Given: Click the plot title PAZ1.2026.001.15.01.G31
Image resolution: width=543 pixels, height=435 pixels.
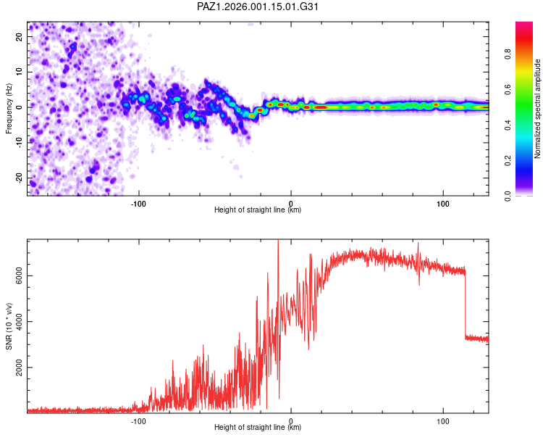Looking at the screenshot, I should point(258,7).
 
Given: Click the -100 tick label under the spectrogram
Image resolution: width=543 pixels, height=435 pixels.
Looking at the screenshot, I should point(138,202).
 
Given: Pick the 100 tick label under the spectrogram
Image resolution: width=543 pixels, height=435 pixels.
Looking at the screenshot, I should point(443,202).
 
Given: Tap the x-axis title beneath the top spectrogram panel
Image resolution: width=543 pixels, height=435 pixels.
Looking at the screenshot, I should point(258,210).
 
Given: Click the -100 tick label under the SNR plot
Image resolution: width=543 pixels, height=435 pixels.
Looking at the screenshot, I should point(138,420).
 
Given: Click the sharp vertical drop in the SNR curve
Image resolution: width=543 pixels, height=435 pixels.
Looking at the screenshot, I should point(465,304).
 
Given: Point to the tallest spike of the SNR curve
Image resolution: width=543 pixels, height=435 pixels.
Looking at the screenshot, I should point(278,242).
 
